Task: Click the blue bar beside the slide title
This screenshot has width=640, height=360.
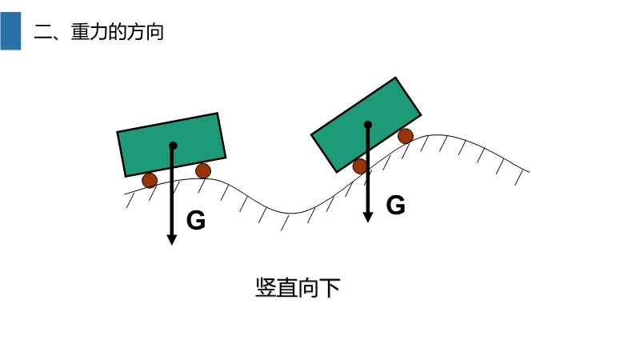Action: (10, 30)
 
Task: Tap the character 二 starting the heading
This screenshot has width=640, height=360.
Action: (42, 32)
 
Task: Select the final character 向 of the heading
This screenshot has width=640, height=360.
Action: (154, 32)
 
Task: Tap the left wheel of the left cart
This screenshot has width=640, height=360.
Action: (150, 180)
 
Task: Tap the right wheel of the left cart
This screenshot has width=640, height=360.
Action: (203, 170)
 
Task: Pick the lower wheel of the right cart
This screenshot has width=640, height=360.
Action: (360, 166)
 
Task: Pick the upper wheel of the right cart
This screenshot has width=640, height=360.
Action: (406, 136)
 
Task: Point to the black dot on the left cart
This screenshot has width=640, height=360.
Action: (173, 146)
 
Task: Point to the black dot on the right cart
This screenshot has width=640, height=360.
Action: (368, 125)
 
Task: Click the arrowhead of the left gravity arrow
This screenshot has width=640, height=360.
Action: (171, 239)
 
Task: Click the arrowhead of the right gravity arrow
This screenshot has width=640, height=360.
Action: (368, 216)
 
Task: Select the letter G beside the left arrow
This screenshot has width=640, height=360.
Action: (196, 221)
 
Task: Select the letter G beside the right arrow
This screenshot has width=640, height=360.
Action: (396, 206)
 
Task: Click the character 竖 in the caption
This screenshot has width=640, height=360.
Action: (266, 288)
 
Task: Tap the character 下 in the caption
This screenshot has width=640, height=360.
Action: (330, 288)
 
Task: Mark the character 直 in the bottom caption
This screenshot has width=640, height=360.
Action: (287, 288)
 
